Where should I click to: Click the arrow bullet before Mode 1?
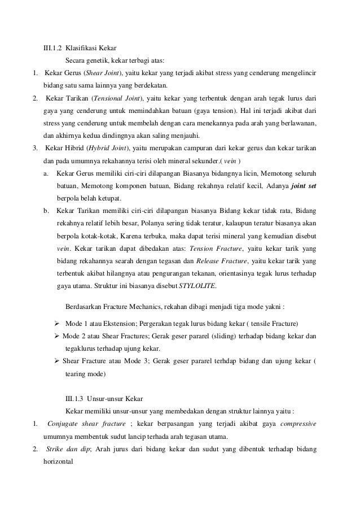pos(56,323)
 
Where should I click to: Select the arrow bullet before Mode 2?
pos(56,336)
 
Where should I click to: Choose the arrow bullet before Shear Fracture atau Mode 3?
pos(56,361)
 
